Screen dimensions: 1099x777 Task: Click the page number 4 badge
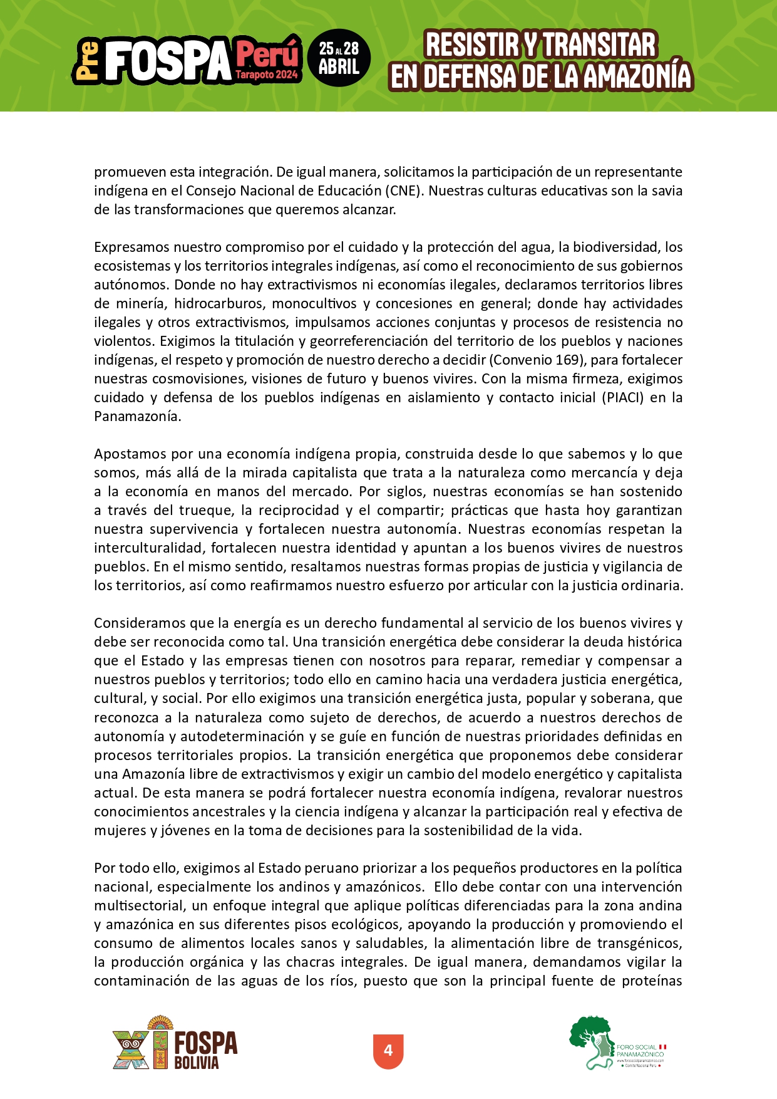(388, 1050)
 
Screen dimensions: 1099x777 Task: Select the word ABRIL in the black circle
(339, 67)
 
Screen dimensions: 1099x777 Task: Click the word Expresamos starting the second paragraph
(131, 247)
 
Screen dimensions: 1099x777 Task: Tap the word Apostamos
(131, 454)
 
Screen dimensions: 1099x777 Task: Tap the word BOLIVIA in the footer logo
(197, 1063)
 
